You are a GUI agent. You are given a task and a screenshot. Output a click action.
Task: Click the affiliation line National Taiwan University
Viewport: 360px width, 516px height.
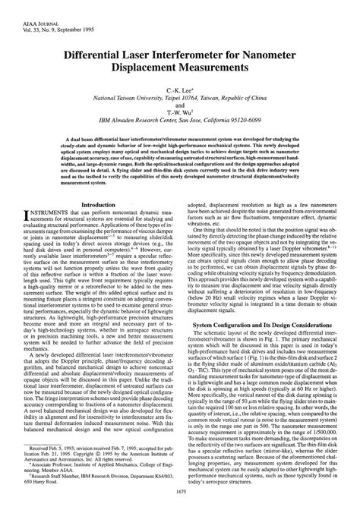180,99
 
